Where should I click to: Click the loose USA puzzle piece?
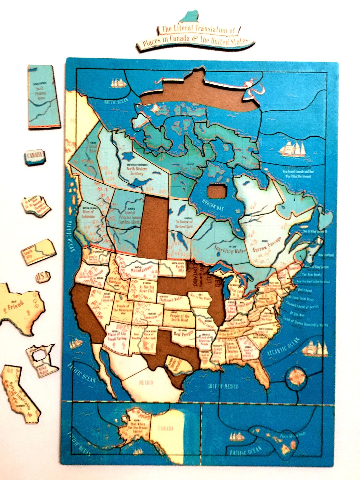click(43, 277)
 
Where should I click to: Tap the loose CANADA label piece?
click(34, 156)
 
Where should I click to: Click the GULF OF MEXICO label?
click(223, 386)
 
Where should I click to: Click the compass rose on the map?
click(297, 377)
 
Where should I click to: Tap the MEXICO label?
click(146, 382)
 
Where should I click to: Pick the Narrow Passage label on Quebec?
click(267, 245)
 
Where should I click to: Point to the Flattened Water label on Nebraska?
click(171, 299)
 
